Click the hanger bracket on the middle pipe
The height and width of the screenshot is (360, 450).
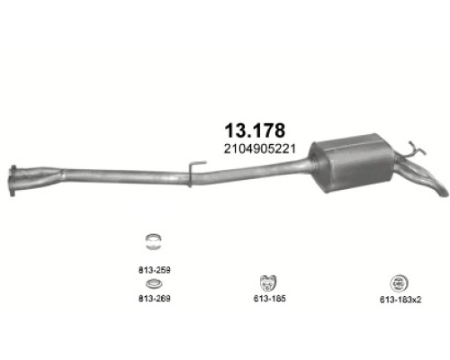[x=192, y=172]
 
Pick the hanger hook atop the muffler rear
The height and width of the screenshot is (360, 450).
[x=410, y=148]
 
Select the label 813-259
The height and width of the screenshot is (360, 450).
[x=153, y=265]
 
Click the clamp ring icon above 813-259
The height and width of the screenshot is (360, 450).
[x=153, y=240]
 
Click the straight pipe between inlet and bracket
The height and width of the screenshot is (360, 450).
[x=108, y=175]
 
